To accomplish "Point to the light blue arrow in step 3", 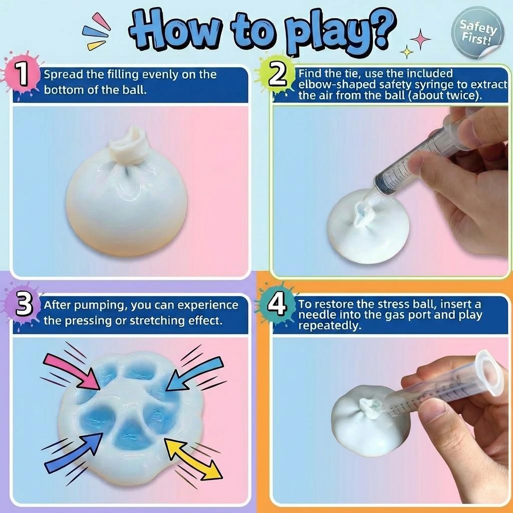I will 195,371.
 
